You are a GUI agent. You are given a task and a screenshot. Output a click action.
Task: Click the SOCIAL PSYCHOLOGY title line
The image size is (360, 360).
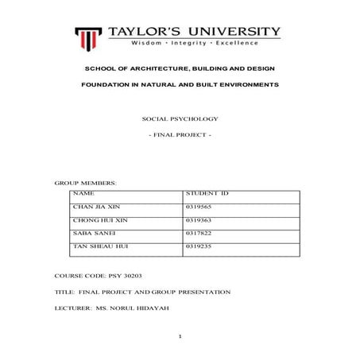tap(179, 118)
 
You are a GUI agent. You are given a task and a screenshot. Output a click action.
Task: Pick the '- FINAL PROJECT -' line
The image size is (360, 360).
tap(180, 136)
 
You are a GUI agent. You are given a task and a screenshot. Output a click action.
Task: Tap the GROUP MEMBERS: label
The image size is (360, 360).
tap(85, 183)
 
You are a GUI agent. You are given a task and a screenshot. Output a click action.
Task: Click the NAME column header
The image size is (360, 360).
tap(83, 193)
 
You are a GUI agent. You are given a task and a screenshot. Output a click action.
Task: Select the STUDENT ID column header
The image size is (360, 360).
tap(207, 193)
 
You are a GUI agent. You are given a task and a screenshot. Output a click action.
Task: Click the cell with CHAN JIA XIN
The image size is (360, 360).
tap(95, 205)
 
